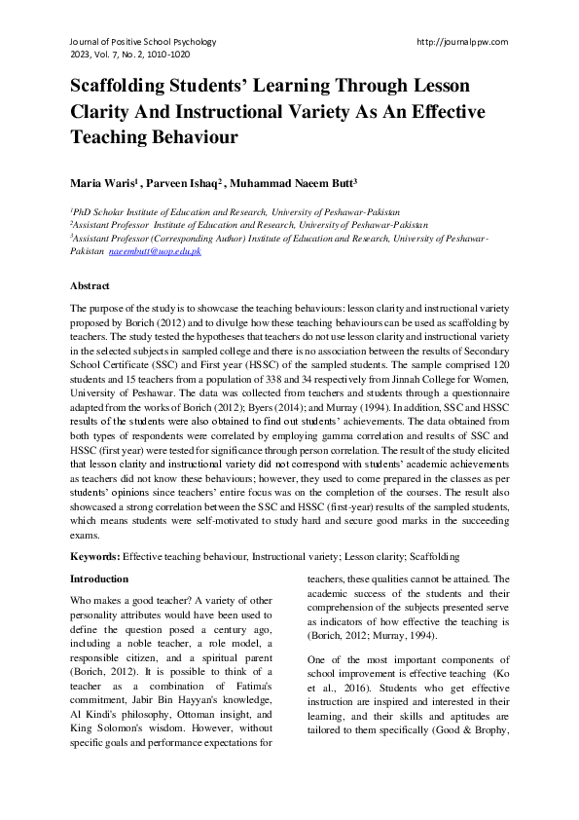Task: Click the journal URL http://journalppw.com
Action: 461,42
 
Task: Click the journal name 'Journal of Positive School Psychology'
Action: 143,42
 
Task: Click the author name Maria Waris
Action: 101,182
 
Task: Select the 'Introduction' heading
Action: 99,578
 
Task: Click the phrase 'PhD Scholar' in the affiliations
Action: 99,211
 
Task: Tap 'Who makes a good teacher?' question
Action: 131,601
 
